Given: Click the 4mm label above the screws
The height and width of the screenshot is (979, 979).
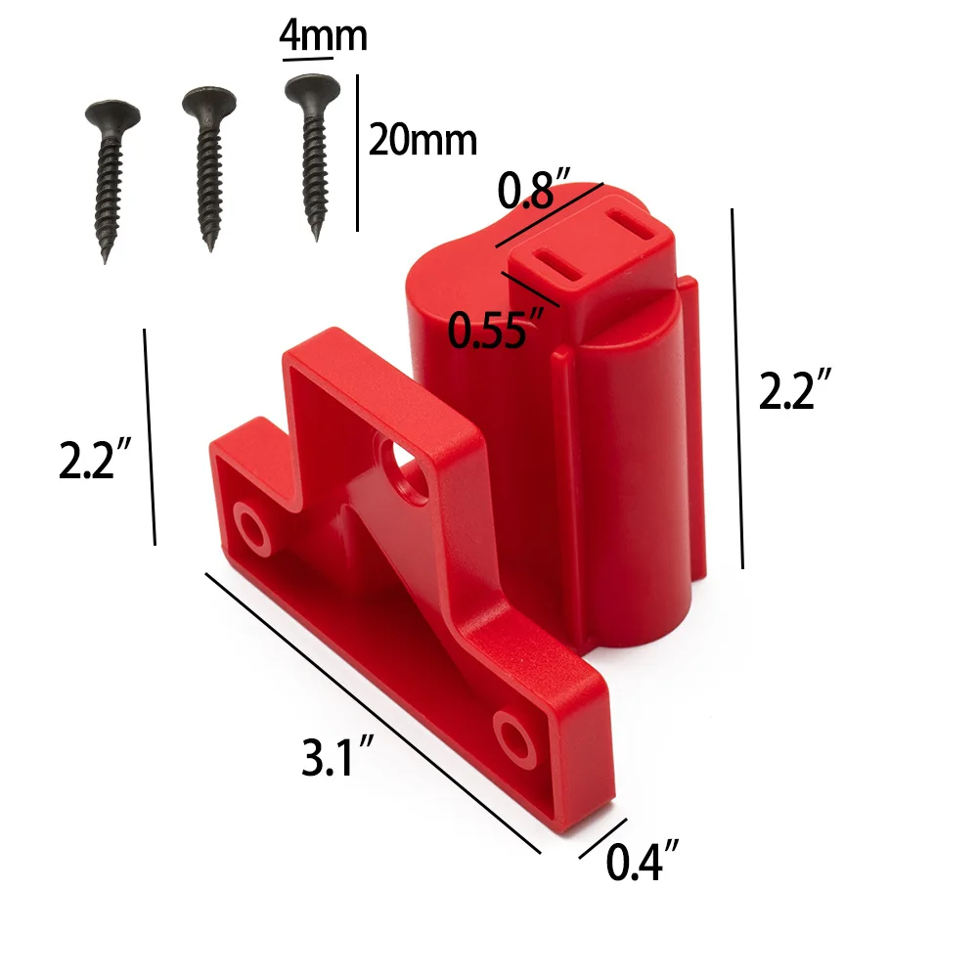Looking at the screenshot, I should pos(323,35).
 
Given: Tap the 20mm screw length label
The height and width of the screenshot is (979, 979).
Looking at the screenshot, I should pos(423,141).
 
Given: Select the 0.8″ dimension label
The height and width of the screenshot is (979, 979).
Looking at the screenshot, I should pos(534,191).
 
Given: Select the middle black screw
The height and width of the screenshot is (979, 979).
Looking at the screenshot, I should pos(208,166).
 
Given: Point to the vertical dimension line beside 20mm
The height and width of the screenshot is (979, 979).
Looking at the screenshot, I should pos(357,153).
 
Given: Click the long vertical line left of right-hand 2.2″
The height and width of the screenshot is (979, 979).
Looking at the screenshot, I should pos(736,387).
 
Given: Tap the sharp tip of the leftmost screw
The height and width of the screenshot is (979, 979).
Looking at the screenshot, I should pos(104,259).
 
